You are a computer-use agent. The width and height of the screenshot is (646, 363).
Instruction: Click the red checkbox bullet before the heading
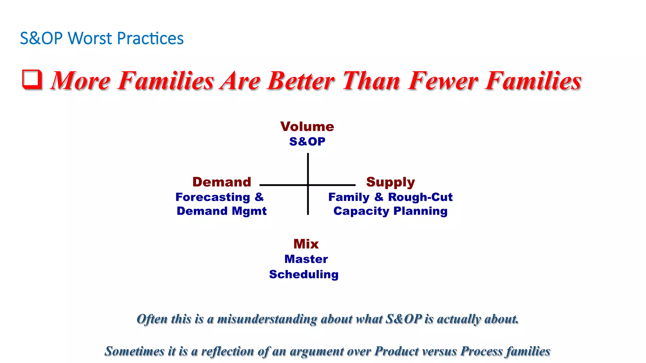pos(32,79)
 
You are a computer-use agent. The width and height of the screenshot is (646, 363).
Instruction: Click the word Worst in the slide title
pos(90,38)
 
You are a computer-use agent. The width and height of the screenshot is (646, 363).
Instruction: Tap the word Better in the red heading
pos(301,81)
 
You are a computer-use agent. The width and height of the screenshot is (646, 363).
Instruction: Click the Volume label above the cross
pos(307,127)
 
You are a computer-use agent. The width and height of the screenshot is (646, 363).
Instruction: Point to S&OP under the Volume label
pos(307,141)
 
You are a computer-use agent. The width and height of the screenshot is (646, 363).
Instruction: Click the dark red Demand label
pos(222,182)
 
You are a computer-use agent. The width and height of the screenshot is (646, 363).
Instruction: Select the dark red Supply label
pos(390,182)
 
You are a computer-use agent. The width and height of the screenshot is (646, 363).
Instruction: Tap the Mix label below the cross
pos(306,244)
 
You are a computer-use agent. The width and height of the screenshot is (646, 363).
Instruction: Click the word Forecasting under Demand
pos(213,197)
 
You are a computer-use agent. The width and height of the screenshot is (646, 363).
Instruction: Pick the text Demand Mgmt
pos(221,211)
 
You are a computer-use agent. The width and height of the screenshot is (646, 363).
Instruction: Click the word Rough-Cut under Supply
pos(420,197)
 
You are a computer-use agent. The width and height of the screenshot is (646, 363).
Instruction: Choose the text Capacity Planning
pos(390,211)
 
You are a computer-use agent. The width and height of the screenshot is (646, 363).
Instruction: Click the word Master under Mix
pos(306,259)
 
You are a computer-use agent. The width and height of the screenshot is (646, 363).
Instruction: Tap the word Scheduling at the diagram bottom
pos(304,274)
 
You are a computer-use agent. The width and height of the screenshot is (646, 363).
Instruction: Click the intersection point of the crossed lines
pos(308,185)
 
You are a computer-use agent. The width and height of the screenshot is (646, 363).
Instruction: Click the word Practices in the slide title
pos(150,38)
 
